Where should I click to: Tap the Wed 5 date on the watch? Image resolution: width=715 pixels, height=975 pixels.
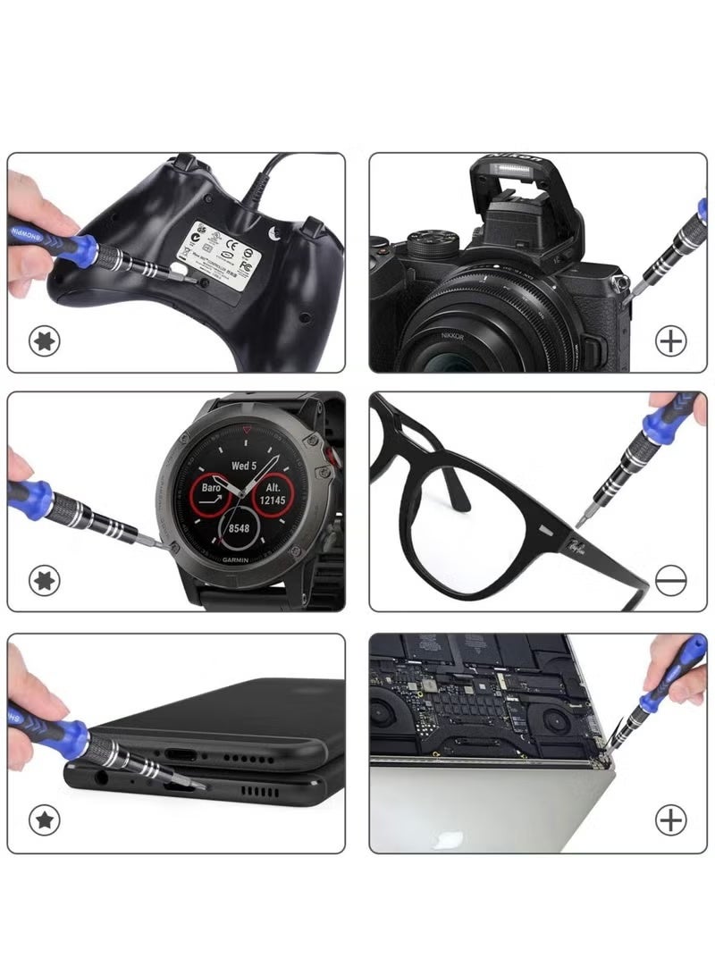244,466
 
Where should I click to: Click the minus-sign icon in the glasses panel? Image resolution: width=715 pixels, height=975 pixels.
670,581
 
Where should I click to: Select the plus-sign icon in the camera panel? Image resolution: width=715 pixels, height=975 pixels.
670,340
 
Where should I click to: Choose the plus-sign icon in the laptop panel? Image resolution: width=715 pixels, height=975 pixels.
670,819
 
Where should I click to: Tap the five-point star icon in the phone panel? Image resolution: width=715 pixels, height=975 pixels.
44,819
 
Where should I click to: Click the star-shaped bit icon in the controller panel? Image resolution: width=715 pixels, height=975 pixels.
44,340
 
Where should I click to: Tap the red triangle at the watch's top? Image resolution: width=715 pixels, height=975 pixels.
247,430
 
